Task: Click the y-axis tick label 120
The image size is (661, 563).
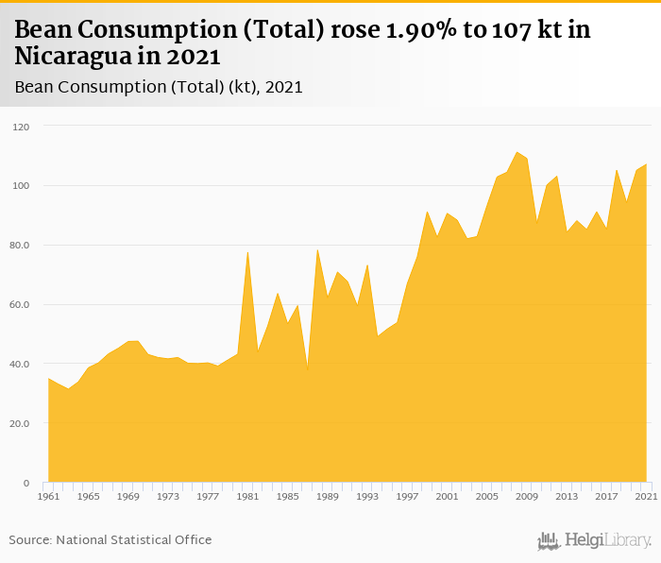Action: [22, 127]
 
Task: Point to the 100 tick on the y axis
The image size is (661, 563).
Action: [22, 186]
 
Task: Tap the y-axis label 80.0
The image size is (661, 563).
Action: [20, 246]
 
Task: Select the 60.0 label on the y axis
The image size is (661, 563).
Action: [20, 305]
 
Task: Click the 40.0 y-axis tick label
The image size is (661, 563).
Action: [20, 365]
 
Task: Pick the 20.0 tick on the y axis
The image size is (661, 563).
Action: [20, 424]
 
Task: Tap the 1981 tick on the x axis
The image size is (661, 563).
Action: [247, 496]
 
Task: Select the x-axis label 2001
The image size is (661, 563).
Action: [447, 496]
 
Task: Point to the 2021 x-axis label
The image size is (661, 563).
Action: [646, 496]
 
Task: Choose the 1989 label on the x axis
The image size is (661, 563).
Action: [327, 496]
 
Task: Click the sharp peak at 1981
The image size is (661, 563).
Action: [247, 251]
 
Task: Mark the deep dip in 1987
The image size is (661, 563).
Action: [307, 370]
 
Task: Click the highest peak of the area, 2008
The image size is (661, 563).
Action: [517, 152]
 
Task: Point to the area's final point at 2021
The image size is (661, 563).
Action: [646, 164]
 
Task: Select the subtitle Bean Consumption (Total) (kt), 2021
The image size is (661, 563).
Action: [159, 87]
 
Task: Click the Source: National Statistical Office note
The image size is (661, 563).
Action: [110, 540]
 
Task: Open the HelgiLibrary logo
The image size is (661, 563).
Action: [594, 541]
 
